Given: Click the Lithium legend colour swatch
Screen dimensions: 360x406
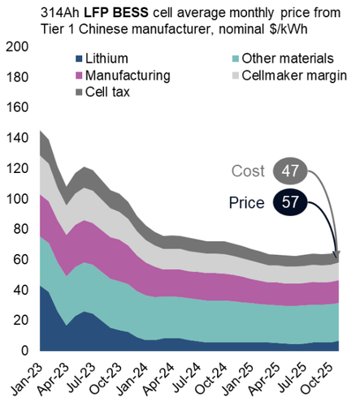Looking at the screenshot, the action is tap(79, 58).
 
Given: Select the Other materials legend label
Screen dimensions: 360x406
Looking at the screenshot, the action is tap(288, 58).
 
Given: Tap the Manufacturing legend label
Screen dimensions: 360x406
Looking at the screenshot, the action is tap(128, 76).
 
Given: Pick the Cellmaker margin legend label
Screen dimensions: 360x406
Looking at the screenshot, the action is tap(294, 76).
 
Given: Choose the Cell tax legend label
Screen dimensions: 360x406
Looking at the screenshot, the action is tap(107, 92).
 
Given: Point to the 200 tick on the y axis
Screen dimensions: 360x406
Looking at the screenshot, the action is tap(17, 47).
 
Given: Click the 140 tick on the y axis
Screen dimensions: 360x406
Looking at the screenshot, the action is tap(17, 138).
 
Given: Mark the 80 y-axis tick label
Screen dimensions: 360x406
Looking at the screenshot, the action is tap(21, 229).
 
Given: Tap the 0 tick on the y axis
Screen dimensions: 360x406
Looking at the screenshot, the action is tap(24, 351).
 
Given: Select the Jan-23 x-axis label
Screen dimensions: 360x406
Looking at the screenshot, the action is tap(27, 378).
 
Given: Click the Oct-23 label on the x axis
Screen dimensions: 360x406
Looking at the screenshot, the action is tap(106, 378).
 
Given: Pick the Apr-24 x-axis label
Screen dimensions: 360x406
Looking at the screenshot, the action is tap(159, 378).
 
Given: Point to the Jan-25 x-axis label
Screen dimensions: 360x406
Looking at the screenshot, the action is tap(238, 378).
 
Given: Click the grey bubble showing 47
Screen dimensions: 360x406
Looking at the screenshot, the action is tap(290, 171).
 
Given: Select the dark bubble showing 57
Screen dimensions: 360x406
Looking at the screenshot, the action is tap(290, 202).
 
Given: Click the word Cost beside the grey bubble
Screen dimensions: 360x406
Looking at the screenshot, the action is tap(248, 171).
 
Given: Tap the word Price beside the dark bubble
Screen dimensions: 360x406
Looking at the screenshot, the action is tap(247, 203).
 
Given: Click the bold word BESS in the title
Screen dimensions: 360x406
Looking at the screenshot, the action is tap(130, 13).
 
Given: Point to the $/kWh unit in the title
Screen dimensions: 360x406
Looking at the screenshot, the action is tap(288, 29).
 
